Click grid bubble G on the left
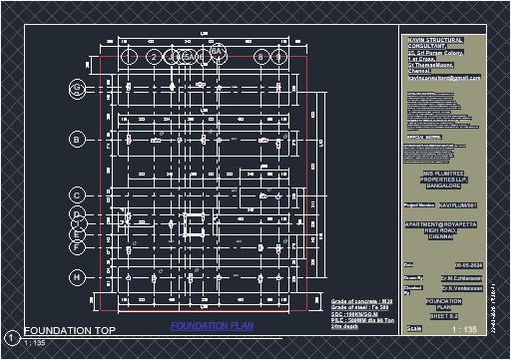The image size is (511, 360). click(x=76, y=90)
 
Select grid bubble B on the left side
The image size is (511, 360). click(x=76, y=140)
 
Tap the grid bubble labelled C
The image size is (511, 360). click(x=76, y=194)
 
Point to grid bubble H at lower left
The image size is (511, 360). click(x=76, y=276)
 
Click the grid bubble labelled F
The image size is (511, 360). click(x=76, y=245)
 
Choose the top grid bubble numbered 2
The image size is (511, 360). click(x=153, y=57)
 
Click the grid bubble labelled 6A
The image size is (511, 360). click(x=218, y=50)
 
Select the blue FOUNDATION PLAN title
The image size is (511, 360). click(x=206, y=326)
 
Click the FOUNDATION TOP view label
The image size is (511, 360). click(x=70, y=330)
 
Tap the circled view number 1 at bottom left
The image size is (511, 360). click(x=10, y=336)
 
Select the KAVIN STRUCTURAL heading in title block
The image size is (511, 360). click(x=443, y=40)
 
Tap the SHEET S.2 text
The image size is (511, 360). click(x=443, y=315)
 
